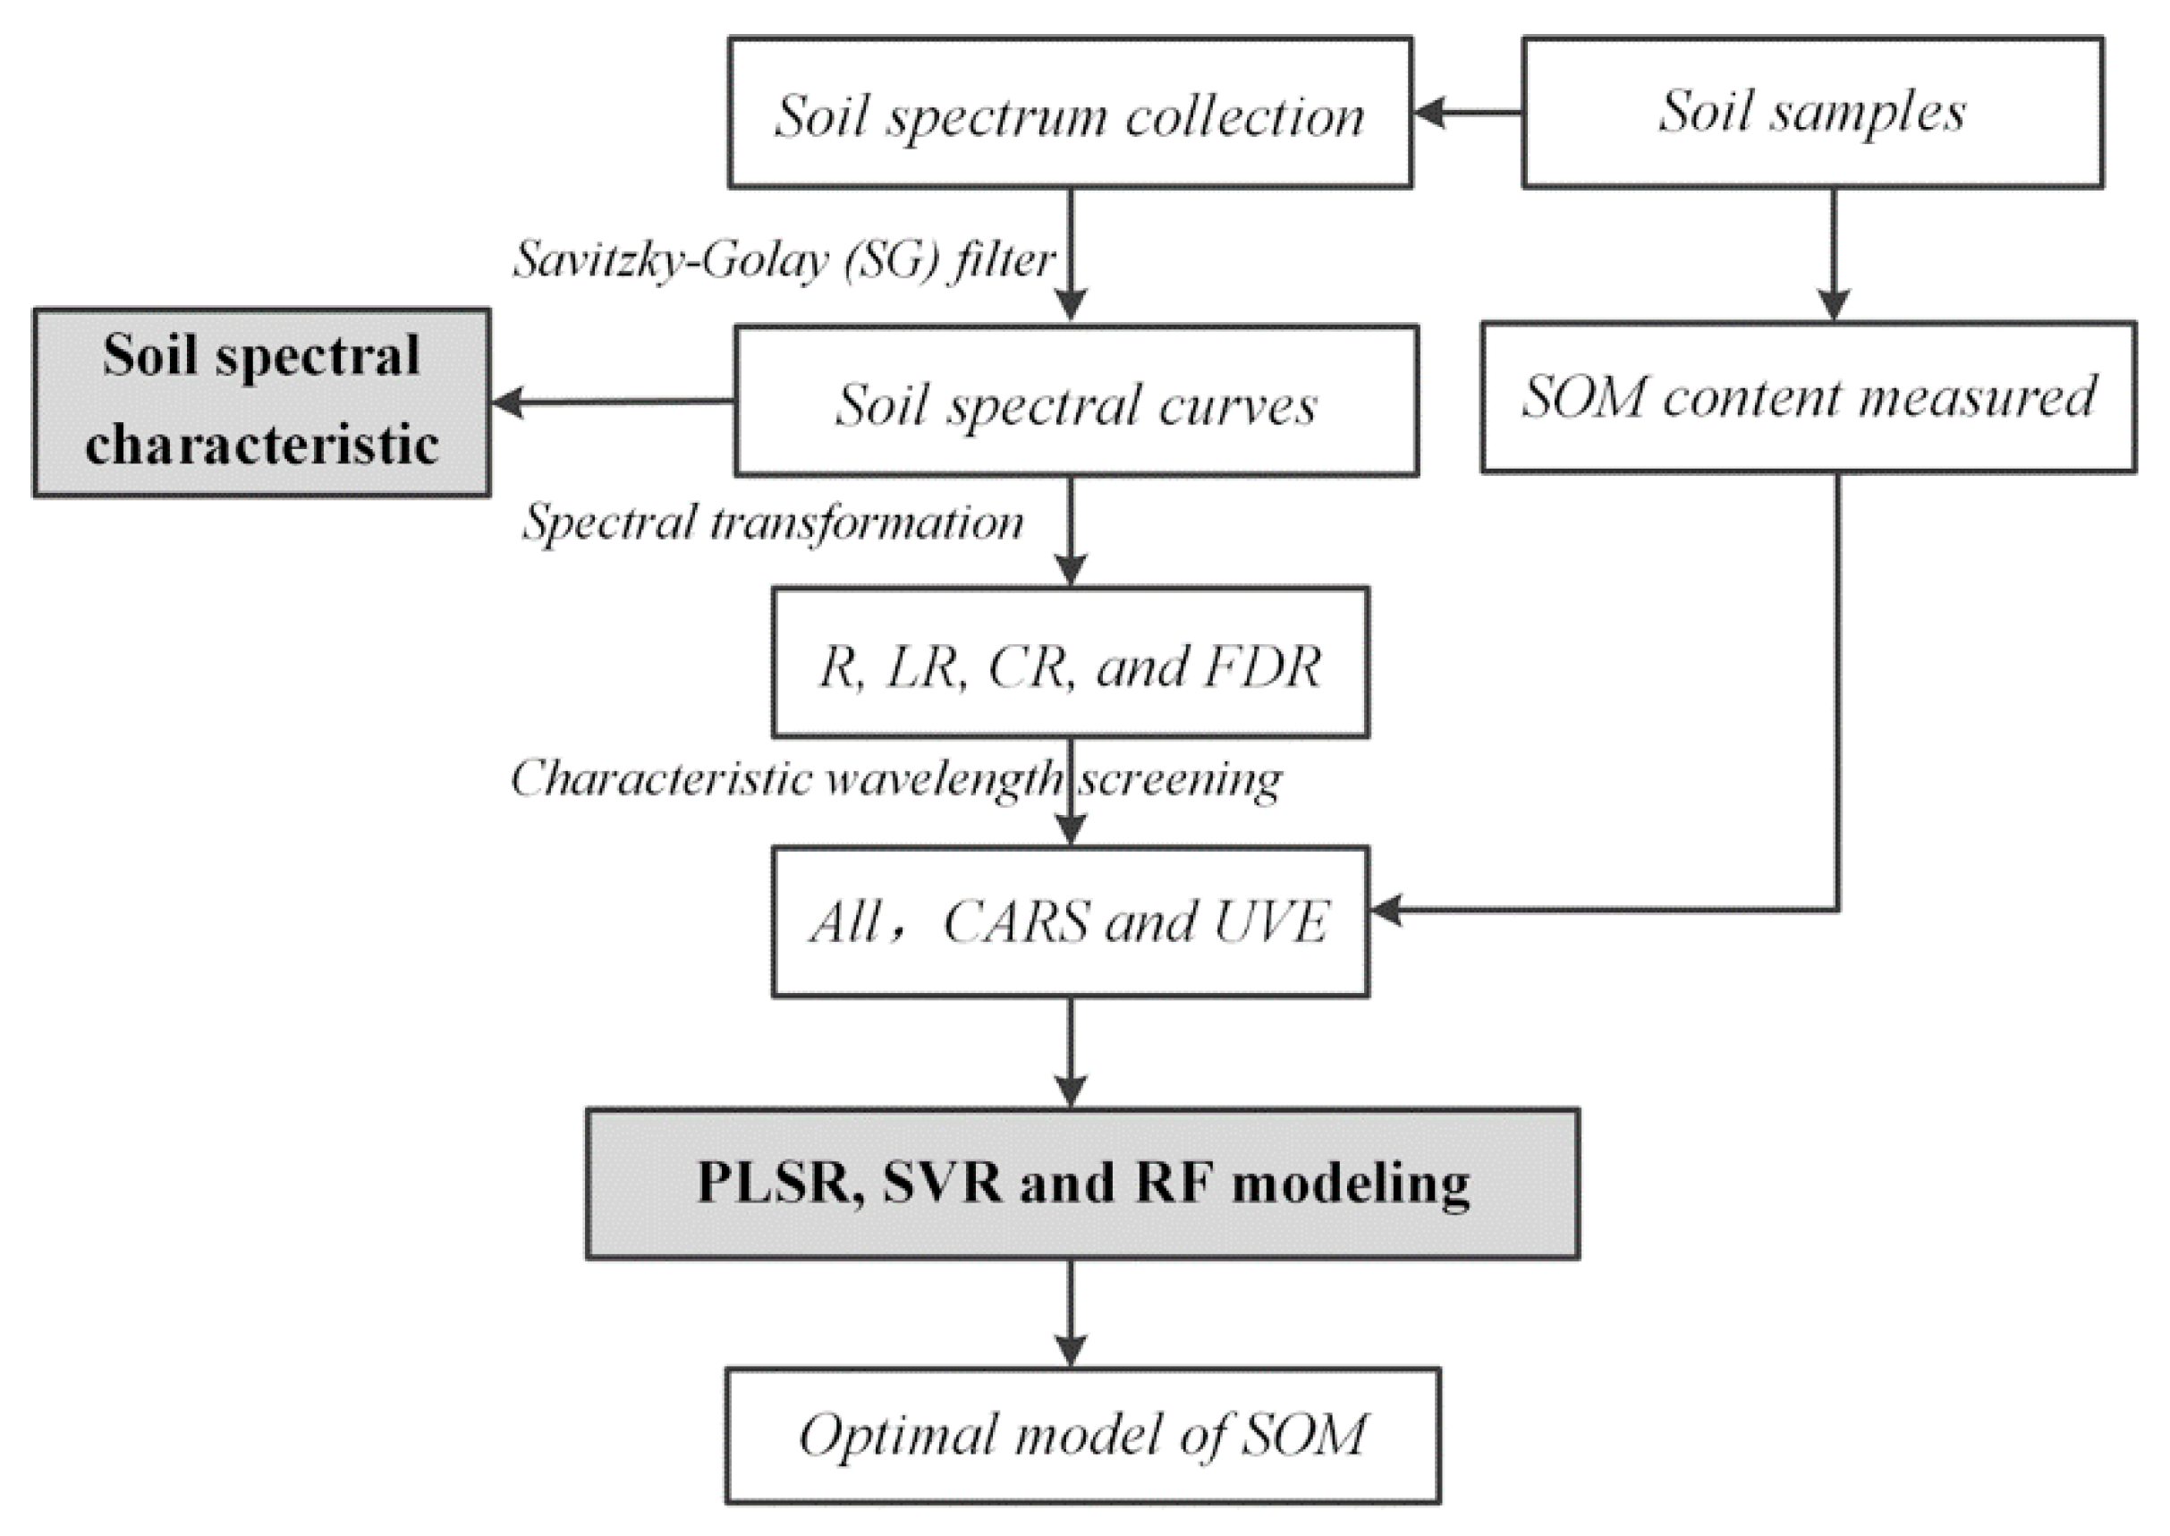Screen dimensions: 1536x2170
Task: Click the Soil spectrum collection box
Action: pos(1070,114)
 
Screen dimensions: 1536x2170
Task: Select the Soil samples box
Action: pos(1811,113)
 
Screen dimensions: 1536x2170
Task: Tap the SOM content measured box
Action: pos(1808,397)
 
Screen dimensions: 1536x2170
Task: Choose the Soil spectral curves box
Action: pos(1076,402)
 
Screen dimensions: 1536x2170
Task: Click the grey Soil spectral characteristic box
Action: pos(261,402)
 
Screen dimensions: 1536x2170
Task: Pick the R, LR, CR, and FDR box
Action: pos(1070,662)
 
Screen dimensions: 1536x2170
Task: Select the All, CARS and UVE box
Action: pos(1070,921)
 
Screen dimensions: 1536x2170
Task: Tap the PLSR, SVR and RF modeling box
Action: pos(1081,1184)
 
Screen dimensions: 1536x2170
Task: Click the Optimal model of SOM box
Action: pos(1081,1435)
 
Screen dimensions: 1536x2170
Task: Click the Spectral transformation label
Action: pos(774,522)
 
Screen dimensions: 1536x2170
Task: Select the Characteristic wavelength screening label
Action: pos(894,779)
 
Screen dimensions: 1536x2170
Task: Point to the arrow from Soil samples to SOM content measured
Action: pos(1834,255)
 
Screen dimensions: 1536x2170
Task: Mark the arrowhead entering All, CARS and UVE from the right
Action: pos(1388,911)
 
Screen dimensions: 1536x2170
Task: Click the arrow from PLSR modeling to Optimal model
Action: pos(1070,1315)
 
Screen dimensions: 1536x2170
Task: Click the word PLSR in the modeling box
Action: pos(774,1184)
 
